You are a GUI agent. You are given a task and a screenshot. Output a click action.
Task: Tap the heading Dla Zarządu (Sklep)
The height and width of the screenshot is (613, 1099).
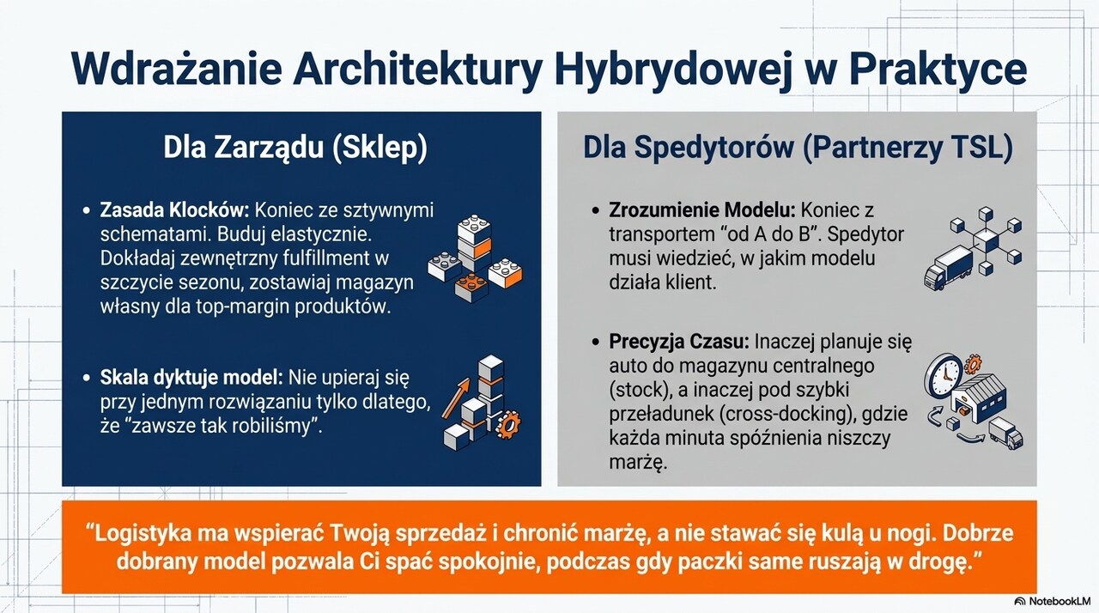[x=295, y=148]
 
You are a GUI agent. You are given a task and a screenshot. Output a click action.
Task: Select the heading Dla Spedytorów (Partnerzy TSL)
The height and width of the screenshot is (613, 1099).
[x=798, y=148]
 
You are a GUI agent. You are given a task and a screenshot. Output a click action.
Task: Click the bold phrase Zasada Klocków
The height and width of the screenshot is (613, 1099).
[x=174, y=210]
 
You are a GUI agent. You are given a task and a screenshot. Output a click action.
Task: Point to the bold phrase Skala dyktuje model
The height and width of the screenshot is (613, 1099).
[x=191, y=378]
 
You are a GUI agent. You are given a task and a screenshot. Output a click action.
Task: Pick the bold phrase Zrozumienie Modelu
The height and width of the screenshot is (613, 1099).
[x=702, y=210]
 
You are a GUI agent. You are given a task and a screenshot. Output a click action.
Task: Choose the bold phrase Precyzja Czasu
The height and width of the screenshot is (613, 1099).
[x=679, y=342]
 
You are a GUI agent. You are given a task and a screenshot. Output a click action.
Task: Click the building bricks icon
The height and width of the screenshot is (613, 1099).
[x=475, y=259]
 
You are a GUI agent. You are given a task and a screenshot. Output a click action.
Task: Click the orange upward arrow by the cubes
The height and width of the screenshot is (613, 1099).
[x=456, y=398]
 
